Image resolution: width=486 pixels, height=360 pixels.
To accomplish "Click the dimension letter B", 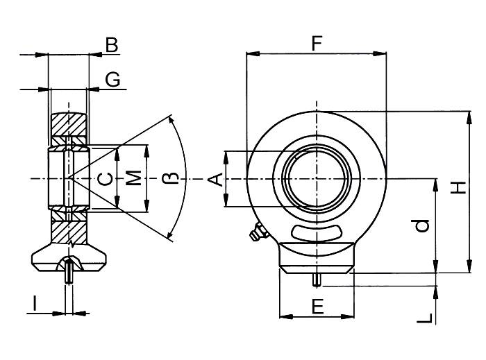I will point(111,46).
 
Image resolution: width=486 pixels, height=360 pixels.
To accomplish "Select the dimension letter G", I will point(112,80).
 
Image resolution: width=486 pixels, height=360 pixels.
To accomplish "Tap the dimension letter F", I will point(317,44).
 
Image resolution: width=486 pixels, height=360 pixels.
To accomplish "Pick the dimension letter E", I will point(317,307).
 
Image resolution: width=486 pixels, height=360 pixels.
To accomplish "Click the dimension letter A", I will point(217,179).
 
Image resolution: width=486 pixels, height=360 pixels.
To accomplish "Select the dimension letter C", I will point(105,179).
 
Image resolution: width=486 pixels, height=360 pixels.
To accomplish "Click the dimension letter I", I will point(34,302).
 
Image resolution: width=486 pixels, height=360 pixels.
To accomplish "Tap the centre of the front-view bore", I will point(317,179).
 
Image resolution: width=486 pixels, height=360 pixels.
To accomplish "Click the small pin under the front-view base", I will point(317,279).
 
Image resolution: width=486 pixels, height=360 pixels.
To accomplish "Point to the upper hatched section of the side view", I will point(69,129).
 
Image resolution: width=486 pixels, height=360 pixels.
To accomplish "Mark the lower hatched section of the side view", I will point(69,230).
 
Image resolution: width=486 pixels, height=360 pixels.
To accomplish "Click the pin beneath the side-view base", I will point(69,274).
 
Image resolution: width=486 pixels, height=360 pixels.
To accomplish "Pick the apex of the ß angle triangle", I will point(70,179).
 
